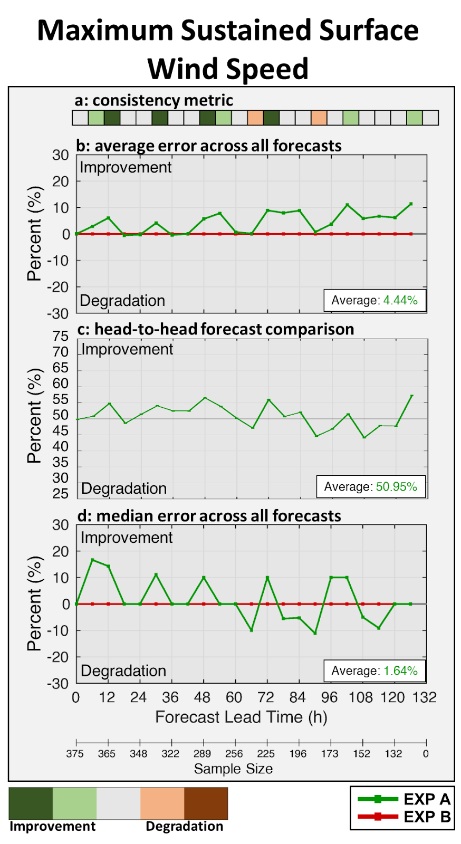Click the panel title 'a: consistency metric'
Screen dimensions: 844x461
click(153, 100)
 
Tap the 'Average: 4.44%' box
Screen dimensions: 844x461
click(374, 300)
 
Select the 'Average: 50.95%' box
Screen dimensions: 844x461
click(371, 486)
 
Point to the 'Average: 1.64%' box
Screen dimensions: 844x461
click(374, 670)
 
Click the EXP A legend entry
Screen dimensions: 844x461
click(404, 799)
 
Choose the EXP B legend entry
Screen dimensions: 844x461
click(404, 817)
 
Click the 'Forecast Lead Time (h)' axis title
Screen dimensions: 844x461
click(241, 717)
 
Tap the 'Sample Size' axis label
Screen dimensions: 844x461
click(233, 769)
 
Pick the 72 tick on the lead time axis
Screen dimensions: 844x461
click(266, 697)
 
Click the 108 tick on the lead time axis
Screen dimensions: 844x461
click(361, 697)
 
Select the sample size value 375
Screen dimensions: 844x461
click(75, 754)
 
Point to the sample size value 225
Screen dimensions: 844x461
click(266, 754)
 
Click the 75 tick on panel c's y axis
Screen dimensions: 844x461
click(61, 336)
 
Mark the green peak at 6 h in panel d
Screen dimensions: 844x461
click(92, 560)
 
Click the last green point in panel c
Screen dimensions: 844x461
click(411, 396)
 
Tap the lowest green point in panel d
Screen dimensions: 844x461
click(315, 633)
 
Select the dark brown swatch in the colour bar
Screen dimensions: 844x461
click(206, 803)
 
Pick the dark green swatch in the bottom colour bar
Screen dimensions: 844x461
click(31, 803)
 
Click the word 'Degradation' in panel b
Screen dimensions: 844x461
click(122, 301)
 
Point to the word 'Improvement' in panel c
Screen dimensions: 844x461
click(127, 349)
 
